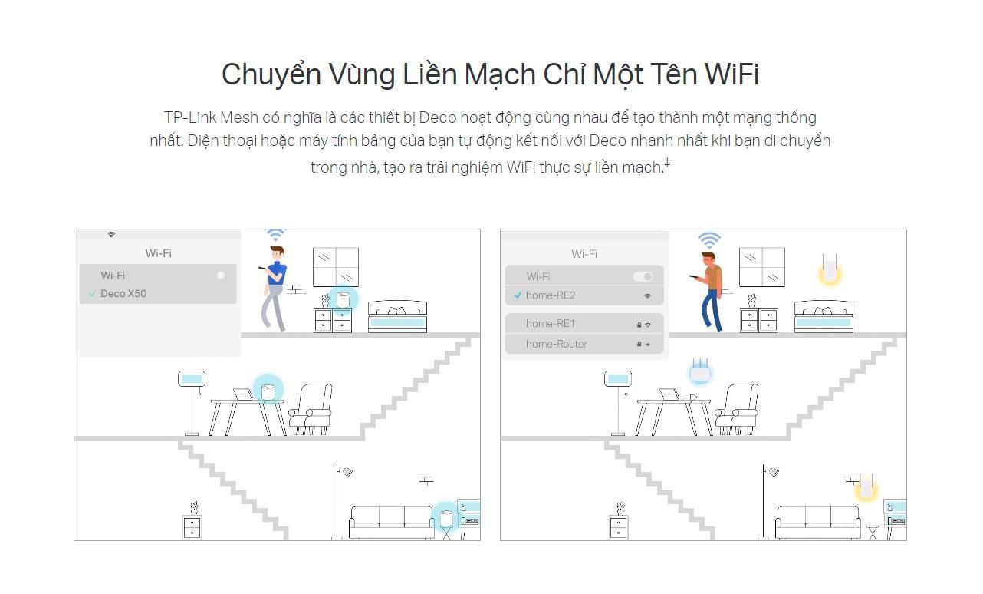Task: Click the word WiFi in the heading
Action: [731, 74]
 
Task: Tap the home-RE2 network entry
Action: [551, 295]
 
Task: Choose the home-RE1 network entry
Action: [551, 324]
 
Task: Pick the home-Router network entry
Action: [557, 345]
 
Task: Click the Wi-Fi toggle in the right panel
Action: [643, 276]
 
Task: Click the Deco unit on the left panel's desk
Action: [268, 392]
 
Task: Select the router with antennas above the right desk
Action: [699, 372]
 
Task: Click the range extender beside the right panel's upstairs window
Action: [829, 269]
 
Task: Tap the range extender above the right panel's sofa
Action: [866, 487]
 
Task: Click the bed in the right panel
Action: [824, 317]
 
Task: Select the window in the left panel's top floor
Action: [335, 266]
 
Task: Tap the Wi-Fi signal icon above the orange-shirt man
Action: [709, 240]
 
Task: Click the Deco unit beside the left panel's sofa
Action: [445, 517]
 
